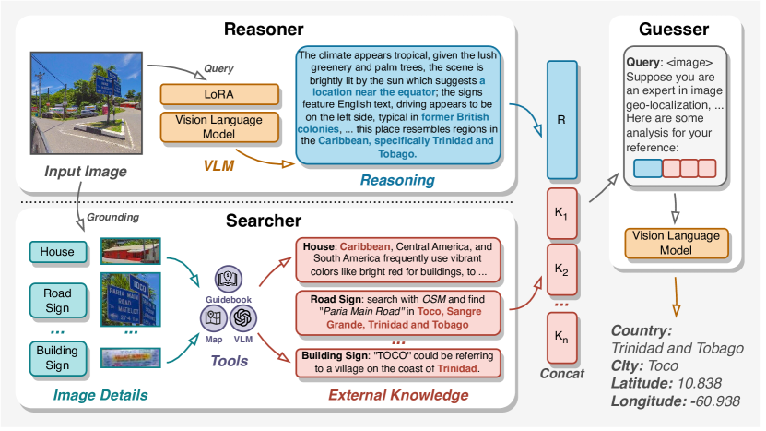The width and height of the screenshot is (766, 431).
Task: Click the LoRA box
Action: click(x=200, y=94)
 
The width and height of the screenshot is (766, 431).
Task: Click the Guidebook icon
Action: click(x=228, y=280)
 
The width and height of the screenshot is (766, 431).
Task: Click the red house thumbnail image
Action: click(x=131, y=250)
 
